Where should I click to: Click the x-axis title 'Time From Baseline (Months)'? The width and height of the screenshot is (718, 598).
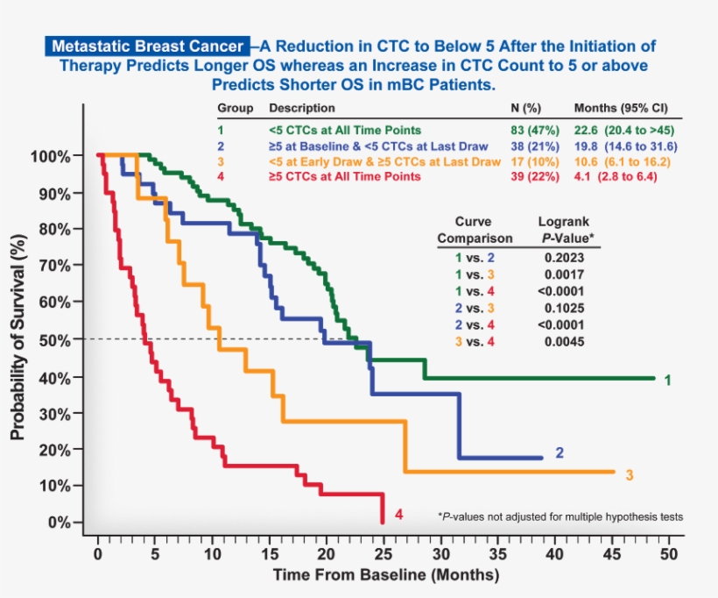385,576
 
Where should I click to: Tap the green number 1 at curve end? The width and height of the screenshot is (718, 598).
667,381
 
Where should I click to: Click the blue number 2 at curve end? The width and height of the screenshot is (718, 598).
560,452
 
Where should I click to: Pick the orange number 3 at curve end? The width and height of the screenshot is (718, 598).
630,475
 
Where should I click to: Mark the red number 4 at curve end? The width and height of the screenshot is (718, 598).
398,515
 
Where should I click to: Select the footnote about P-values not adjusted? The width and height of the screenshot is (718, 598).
560,516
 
